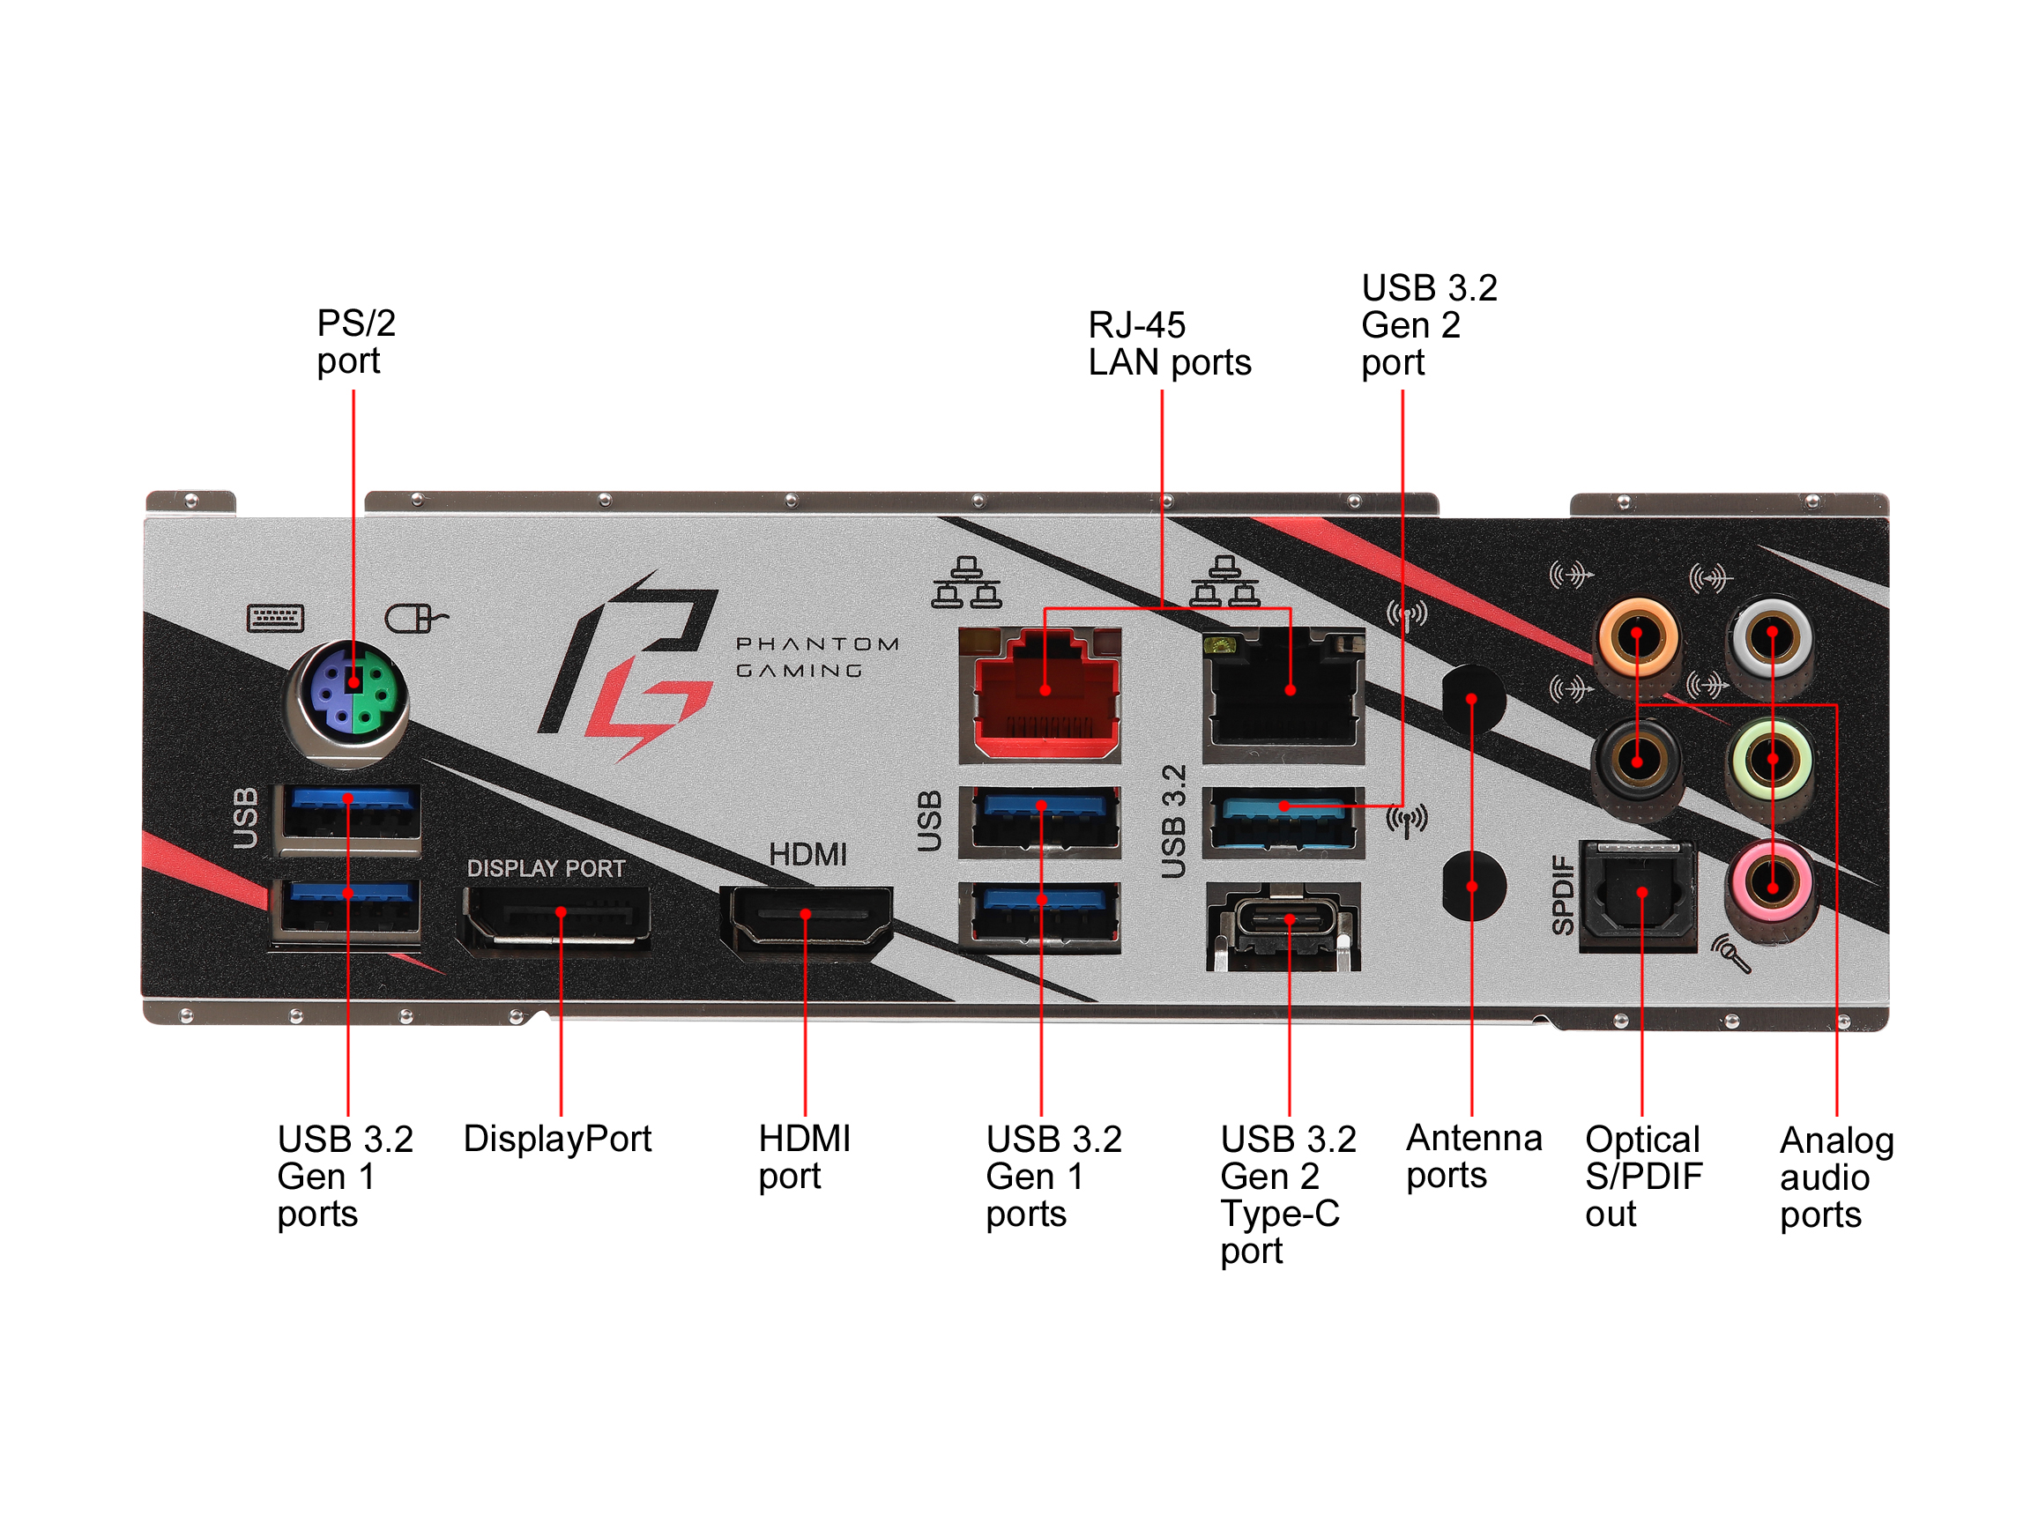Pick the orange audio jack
pyautogui.click(x=1637, y=636)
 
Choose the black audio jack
pyautogui.click(x=1637, y=761)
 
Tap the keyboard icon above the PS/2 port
pyautogui.click(x=275, y=618)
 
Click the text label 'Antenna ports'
pyautogui.click(x=1473, y=1156)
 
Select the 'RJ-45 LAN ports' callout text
pyautogui.click(x=1168, y=344)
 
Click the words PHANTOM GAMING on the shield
pyautogui.click(x=816, y=657)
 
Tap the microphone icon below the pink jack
pyautogui.click(x=1730, y=953)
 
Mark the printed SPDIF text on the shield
pyautogui.click(x=1562, y=895)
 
